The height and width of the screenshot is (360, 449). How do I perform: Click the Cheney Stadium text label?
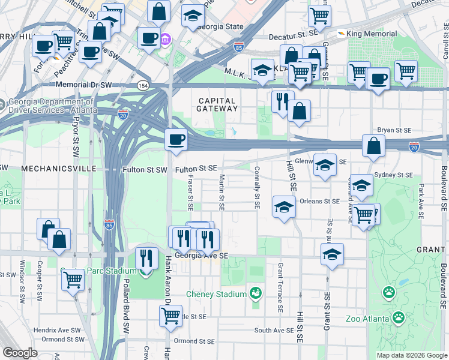[216, 295]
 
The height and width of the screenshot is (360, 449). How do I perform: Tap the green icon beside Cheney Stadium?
[256, 293]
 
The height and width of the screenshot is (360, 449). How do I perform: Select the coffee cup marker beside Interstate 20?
[176, 140]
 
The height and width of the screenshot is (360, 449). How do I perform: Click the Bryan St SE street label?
[394, 130]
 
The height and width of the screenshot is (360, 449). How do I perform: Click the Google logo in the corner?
[20, 353]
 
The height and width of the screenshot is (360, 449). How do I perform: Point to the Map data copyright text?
[411, 355]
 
